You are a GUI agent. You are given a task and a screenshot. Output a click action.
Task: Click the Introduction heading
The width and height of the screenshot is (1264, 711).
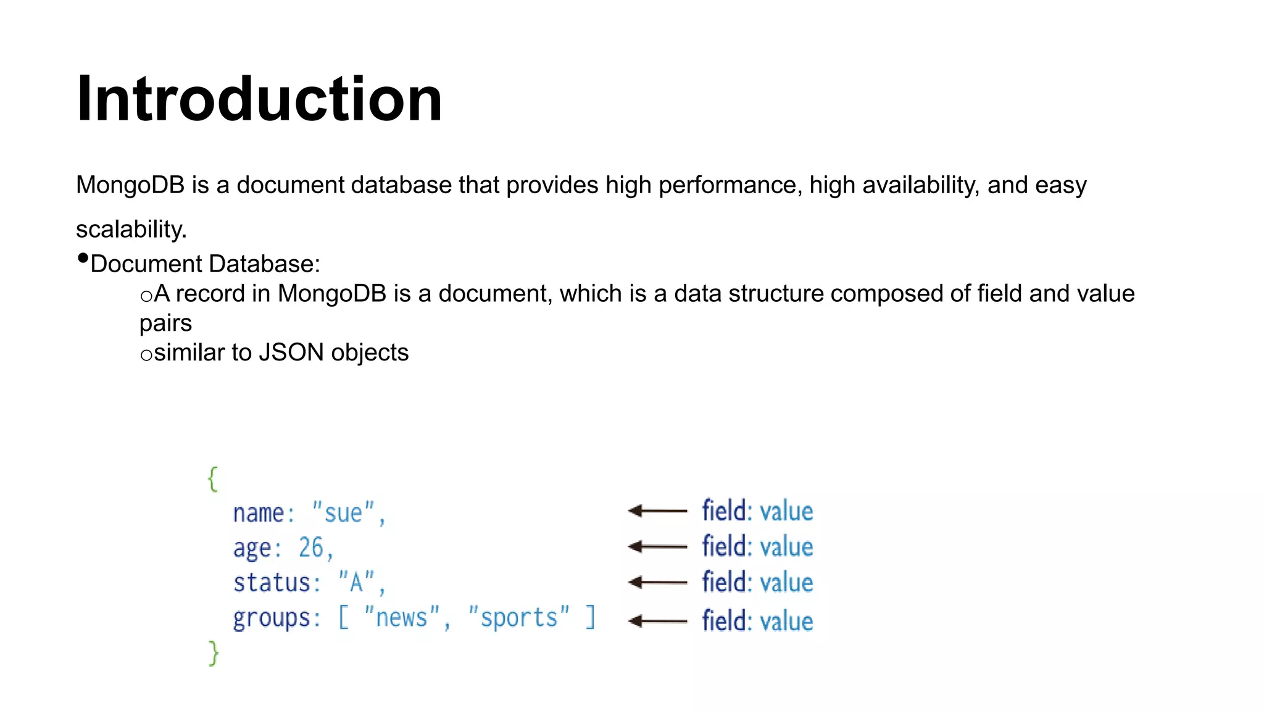click(259, 99)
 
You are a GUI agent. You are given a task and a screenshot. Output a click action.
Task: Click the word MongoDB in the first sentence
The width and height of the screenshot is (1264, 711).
click(130, 185)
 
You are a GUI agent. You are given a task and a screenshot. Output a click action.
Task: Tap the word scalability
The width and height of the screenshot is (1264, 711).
click(131, 230)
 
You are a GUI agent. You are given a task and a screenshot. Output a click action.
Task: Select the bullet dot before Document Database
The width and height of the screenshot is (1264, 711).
click(83, 259)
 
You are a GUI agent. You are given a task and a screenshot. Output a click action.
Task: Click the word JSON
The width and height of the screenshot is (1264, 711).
click(291, 353)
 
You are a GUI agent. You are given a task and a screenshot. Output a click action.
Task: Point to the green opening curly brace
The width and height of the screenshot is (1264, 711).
click(213, 479)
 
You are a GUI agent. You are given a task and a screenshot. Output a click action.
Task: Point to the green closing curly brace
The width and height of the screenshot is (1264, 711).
click(214, 653)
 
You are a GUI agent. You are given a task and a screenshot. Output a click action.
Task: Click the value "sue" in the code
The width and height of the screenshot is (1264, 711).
click(343, 513)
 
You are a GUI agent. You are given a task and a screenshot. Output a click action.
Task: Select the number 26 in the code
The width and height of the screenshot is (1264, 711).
click(311, 547)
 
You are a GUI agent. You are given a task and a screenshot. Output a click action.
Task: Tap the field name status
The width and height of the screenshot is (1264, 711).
click(272, 583)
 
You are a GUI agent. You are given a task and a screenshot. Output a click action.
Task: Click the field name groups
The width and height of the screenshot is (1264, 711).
click(272, 618)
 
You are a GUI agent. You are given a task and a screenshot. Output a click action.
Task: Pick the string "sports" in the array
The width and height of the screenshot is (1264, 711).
click(518, 618)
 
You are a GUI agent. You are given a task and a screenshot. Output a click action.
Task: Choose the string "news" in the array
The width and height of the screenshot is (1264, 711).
click(402, 618)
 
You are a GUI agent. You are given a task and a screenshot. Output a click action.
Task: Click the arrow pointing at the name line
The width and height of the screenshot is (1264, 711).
click(657, 511)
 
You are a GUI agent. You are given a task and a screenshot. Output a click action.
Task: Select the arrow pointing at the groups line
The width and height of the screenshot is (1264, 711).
click(657, 621)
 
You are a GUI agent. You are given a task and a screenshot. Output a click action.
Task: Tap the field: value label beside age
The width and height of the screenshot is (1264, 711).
click(757, 547)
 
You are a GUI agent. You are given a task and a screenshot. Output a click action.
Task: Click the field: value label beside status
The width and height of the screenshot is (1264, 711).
click(757, 583)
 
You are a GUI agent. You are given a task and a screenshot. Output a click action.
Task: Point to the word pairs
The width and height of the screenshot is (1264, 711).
click(165, 323)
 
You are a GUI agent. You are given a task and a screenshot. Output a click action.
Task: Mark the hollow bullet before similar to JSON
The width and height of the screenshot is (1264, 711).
click(146, 355)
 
